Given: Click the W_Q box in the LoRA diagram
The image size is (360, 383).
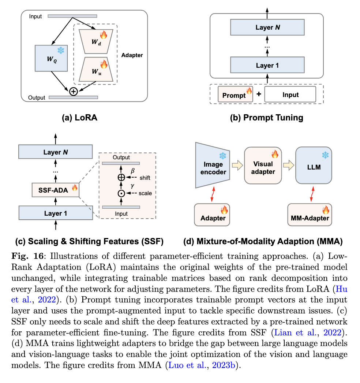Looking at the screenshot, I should pos(51,58).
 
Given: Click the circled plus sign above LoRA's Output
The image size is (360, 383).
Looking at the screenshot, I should pos(74,92).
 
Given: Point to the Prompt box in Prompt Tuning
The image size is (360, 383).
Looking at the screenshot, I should pos(235,94).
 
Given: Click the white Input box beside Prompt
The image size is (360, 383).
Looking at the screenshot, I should pos(290,94).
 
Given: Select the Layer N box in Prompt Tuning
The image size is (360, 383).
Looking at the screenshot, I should pos(267,27).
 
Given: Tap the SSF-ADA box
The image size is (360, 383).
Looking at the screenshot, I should pos(55,190).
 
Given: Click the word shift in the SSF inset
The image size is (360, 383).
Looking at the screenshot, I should pos(145,178).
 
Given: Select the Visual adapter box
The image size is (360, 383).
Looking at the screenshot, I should pos(263,165).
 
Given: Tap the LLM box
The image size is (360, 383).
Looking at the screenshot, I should pos(314,165).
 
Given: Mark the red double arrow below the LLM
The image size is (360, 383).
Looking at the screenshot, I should pos(312,193).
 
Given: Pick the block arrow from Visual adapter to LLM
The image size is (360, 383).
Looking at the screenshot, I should pos(289,166).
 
